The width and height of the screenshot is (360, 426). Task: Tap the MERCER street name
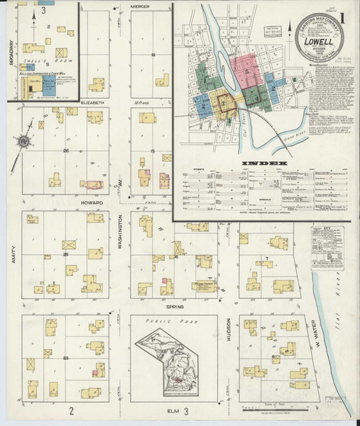140,6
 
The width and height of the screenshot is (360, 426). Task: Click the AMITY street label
13,252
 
